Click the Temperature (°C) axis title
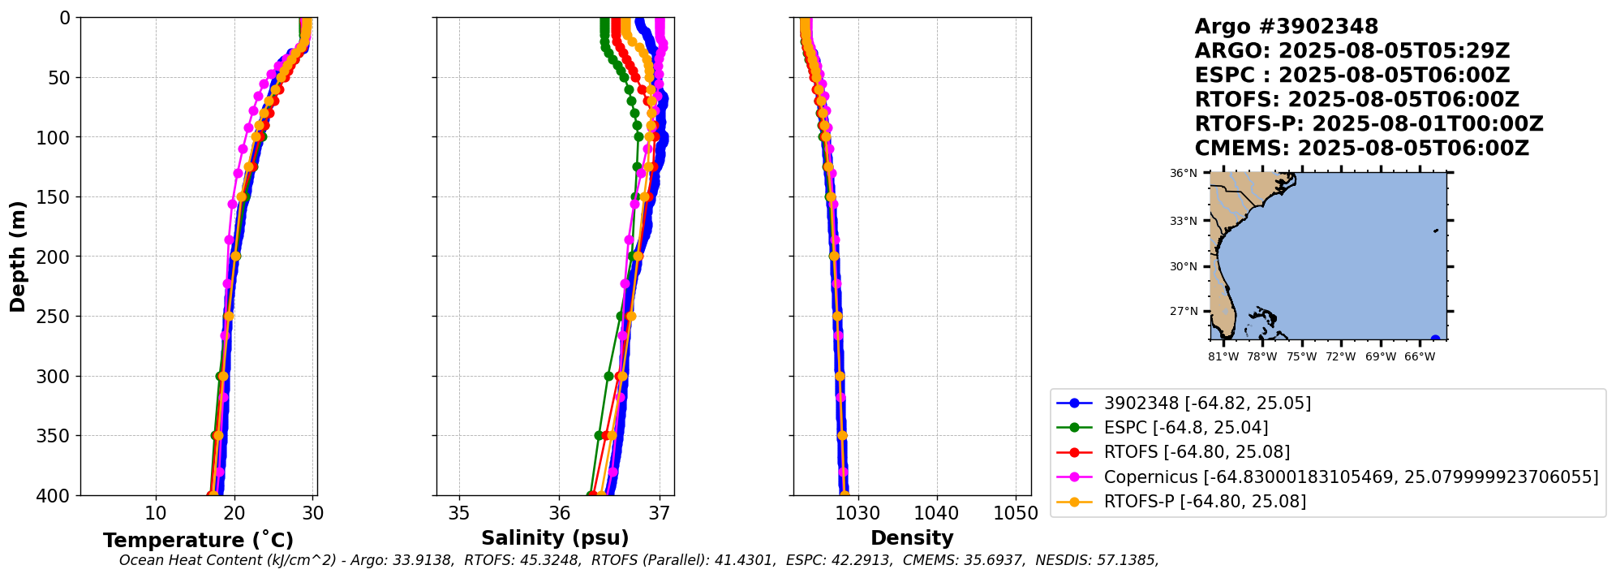(x=198, y=541)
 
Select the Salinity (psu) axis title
(x=555, y=538)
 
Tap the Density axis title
(x=912, y=538)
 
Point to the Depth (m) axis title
(x=18, y=257)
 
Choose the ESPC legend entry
(x=1185, y=428)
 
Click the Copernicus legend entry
(x=1351, y=477)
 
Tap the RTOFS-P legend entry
(x=1204, y=502)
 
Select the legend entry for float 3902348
(x=1206, y=403)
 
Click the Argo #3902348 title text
(x=1286, y=27)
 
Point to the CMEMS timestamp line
(x=1361, y=149)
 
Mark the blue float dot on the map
(x=1435, y=339)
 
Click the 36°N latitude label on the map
(x=1184, y=173)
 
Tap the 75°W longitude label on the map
(x=1301, y=356)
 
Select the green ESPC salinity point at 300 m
(x=608, y=376)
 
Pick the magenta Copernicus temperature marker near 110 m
(x=243, y=149)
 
